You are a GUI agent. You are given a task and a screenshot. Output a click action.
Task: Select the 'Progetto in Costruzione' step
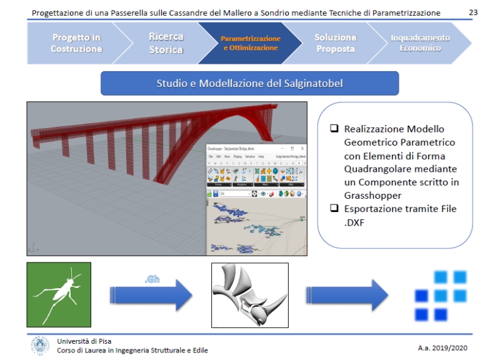pyautogui.click(x=76, y=42)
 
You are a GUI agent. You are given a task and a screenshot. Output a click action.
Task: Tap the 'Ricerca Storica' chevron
pyautogui.click(x=166, y=42)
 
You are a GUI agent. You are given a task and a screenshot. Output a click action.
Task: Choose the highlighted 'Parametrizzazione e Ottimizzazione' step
pyautogui.click(x=250, y=42)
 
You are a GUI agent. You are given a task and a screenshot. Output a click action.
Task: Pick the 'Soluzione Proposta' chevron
pyautogui.click(x=335, y=42)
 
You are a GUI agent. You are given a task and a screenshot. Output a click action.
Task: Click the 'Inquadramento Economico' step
pyautogui.click(x=419, y=42)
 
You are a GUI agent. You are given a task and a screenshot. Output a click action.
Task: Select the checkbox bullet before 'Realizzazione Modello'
pyautogui.click(x=334, y=129)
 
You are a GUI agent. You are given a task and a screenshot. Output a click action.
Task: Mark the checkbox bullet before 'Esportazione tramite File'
pyautogui.click(x=334, y=209)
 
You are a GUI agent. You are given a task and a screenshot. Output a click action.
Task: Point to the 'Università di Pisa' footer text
pyautogui.click(x=82, y=341)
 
